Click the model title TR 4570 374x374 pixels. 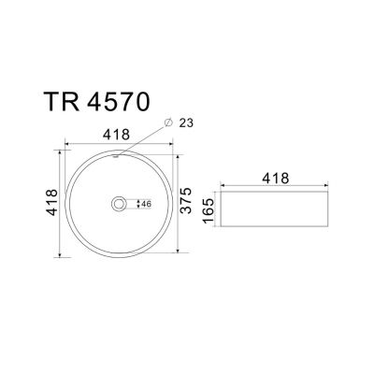pos(97,102)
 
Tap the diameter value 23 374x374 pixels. pos(186,123)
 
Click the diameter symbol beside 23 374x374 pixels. pos(168,122)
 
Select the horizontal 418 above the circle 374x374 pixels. pos(116,135)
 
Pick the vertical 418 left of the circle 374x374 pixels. pos(51,202)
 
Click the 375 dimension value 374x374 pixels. pos(186,200)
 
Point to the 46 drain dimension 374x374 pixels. pos(146,204)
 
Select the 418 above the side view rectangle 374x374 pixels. pos(276,179)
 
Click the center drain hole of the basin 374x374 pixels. pos(119,204)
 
